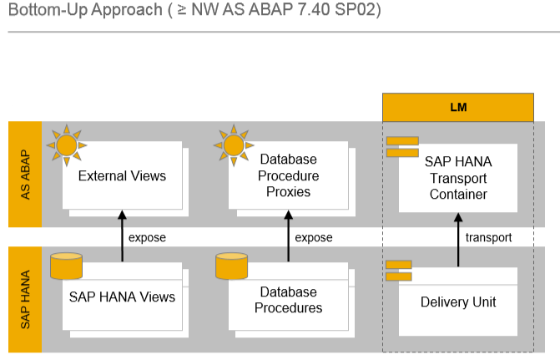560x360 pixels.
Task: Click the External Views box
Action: coord(122,176)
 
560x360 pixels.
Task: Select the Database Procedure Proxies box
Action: coord(289,176)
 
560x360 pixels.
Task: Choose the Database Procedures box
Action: coord(289,300)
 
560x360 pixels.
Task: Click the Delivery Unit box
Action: coord(458,302)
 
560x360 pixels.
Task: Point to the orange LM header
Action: coord(457,108)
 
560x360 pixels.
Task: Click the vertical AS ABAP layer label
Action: coord(25,175)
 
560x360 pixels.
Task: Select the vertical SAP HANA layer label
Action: coord(25,299)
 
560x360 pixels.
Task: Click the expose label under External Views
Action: coord(147,237)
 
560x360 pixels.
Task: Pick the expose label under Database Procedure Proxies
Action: coord(314,237)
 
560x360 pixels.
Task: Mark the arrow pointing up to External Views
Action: coord(123,236)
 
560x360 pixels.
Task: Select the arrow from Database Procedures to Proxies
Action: coord(290,236)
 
